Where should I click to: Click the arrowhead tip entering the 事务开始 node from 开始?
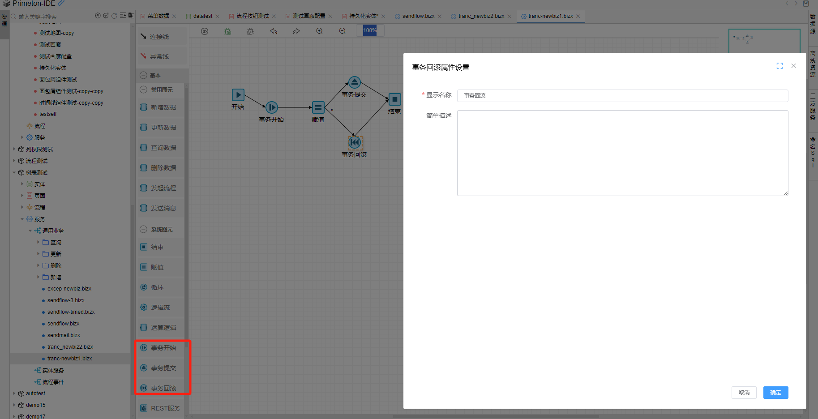click(266, 107)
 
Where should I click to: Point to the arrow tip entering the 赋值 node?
click(312, 107)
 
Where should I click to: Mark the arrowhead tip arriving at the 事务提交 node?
click(348, 82)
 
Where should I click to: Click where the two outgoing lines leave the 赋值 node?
click(325, 107)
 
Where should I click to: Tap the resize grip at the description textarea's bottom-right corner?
click(786, 193)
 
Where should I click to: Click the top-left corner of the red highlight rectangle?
click(136, 340)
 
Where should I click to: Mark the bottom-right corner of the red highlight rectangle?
click(191, 394)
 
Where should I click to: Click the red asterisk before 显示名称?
click(423, 95)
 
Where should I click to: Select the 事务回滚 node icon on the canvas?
click(355, 143)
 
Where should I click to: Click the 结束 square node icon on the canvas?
click(394, 99)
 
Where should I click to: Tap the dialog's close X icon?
click(793, 66)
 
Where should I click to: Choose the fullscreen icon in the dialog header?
click(779, 66)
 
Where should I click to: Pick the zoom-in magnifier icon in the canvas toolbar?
click(319, 31)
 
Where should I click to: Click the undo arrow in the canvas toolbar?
click(274, 31)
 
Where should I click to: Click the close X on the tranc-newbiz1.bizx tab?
click(578, 16)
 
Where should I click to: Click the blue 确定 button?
click(775, 393)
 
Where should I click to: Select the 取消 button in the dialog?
click(744, 393)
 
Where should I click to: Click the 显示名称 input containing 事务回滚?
click(622, 95)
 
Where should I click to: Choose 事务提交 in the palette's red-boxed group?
click(163, 368)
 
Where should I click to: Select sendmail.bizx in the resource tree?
click(64, 335)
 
